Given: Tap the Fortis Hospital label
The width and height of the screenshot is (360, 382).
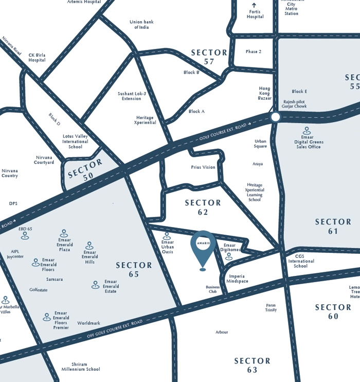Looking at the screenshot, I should click(x=254, y=14).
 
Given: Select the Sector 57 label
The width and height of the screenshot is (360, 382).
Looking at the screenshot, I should click(x=209, y=57).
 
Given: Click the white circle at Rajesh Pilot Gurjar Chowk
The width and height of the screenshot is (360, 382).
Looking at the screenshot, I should click(x=275, y=117).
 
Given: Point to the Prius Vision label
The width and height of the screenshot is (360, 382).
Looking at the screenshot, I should click(x=203, y=167).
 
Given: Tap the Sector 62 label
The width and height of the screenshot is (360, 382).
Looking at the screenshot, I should click(x=203, y=207).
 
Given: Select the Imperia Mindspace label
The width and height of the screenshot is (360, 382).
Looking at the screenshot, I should click(x=237, y=279).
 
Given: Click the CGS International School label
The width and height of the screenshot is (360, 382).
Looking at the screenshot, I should click(x=301, y=261).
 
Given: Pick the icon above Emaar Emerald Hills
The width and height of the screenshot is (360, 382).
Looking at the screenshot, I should click(x=89, y=246).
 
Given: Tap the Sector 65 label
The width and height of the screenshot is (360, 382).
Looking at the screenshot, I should click(x=134, y=270).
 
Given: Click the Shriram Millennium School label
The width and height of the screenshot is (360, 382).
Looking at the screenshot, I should click(x=81, y=367).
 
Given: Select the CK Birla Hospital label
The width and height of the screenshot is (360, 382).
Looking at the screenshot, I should click(x=37, y=57).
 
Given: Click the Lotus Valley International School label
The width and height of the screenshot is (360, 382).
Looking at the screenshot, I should click(x=75, y=142).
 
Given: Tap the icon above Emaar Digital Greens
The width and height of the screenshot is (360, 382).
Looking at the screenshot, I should click(x=308, y=131).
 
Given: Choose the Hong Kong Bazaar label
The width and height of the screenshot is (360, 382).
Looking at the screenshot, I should click(x=264, y=93).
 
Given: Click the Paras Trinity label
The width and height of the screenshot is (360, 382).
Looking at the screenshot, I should click(x=271, y=307).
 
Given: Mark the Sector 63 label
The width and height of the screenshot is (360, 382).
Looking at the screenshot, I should click(x=252, y=365).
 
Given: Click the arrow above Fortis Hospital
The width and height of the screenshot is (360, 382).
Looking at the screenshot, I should click(x=254, y=5).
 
